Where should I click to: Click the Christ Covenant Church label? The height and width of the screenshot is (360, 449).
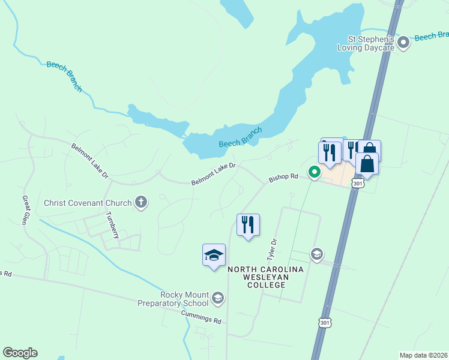pos(88,203)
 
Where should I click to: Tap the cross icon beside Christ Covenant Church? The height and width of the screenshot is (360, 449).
pos(141,202)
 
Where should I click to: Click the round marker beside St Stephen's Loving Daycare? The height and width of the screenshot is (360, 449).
pos(404,41)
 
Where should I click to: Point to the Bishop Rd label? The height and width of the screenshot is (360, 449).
pos(283,178)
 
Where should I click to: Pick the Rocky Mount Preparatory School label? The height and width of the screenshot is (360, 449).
pos(184,299)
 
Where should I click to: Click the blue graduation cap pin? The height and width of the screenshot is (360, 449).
pos(214,255)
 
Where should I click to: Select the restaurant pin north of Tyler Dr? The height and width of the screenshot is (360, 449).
pos(248,225)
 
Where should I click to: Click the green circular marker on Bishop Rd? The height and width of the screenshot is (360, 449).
pos(314,172)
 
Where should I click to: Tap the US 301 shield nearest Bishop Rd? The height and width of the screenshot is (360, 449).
pos(358,184)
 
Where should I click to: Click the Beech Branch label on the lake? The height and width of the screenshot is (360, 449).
pos(240,137)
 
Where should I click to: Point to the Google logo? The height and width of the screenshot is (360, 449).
pos(20,353)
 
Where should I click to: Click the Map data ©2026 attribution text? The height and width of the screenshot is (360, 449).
pos(423,355)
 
